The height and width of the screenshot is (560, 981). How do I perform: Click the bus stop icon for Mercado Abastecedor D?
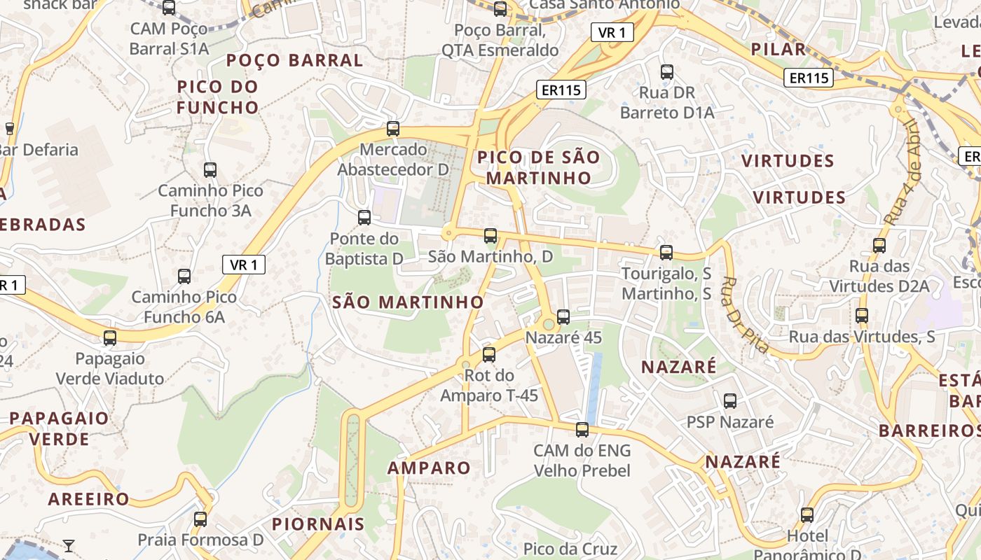point(393,129)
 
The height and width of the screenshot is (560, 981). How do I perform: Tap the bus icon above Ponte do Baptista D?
point(364,218)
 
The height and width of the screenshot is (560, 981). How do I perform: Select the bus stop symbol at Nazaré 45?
point(563,317)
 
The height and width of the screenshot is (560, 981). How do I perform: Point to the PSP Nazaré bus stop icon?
point(730,401)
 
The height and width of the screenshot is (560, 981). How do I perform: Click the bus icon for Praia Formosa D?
point(200,519)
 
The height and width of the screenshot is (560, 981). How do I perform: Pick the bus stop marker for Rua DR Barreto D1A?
point(667,71)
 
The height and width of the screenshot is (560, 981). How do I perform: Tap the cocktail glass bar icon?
point(69,545)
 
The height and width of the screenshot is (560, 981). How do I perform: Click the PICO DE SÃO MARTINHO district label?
point(539,167)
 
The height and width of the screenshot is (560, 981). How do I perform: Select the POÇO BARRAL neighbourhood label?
point(295,60)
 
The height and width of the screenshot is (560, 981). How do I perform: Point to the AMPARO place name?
point(429,468)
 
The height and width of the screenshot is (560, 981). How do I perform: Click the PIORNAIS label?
point(318,524)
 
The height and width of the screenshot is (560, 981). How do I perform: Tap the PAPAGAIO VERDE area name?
point(60,428)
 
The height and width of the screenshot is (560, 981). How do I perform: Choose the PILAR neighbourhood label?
point(778,49)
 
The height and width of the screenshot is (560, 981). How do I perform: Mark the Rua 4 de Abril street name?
point(901,172)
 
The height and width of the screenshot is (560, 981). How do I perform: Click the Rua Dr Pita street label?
point(744,315)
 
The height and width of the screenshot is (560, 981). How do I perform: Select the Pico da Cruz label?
point(570,548)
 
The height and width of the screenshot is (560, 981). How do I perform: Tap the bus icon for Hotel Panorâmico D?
point(807,515)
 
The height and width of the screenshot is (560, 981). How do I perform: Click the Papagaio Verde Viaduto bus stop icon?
point(110,338)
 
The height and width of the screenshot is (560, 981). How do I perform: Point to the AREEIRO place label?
point(89,499)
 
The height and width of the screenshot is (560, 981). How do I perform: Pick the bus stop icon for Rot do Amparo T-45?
point(489,355)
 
